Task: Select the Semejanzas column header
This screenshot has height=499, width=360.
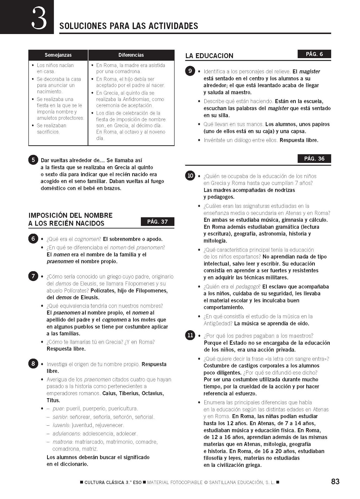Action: tap(58, 55)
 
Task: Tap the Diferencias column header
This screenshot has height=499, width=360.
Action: tap(131, 55)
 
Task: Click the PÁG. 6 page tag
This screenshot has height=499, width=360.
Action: tap(314, 54)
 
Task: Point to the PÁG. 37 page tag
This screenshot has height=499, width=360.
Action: tap(158, 221)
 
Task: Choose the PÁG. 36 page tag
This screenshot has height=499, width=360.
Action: tap(314, 158)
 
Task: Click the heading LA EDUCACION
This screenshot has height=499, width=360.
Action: tap(209, 56)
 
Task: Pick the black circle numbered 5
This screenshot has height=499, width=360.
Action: tap(33, 160)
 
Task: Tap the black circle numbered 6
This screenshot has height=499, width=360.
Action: tap(33, 239)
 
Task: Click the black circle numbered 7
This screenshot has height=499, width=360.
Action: tap(33, 276)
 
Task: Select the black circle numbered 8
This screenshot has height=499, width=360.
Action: tap(33, 364)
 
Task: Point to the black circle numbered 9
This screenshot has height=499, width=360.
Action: tap(190, 71)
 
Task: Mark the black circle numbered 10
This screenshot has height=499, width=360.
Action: tap(190, 176)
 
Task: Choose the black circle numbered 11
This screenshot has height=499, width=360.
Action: tap(190, 336)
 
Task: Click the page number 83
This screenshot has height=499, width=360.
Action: tap(335, 482)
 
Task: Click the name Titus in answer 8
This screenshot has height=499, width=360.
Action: tap(53, 400)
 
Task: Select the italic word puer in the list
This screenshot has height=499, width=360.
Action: tap(58, 409)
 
